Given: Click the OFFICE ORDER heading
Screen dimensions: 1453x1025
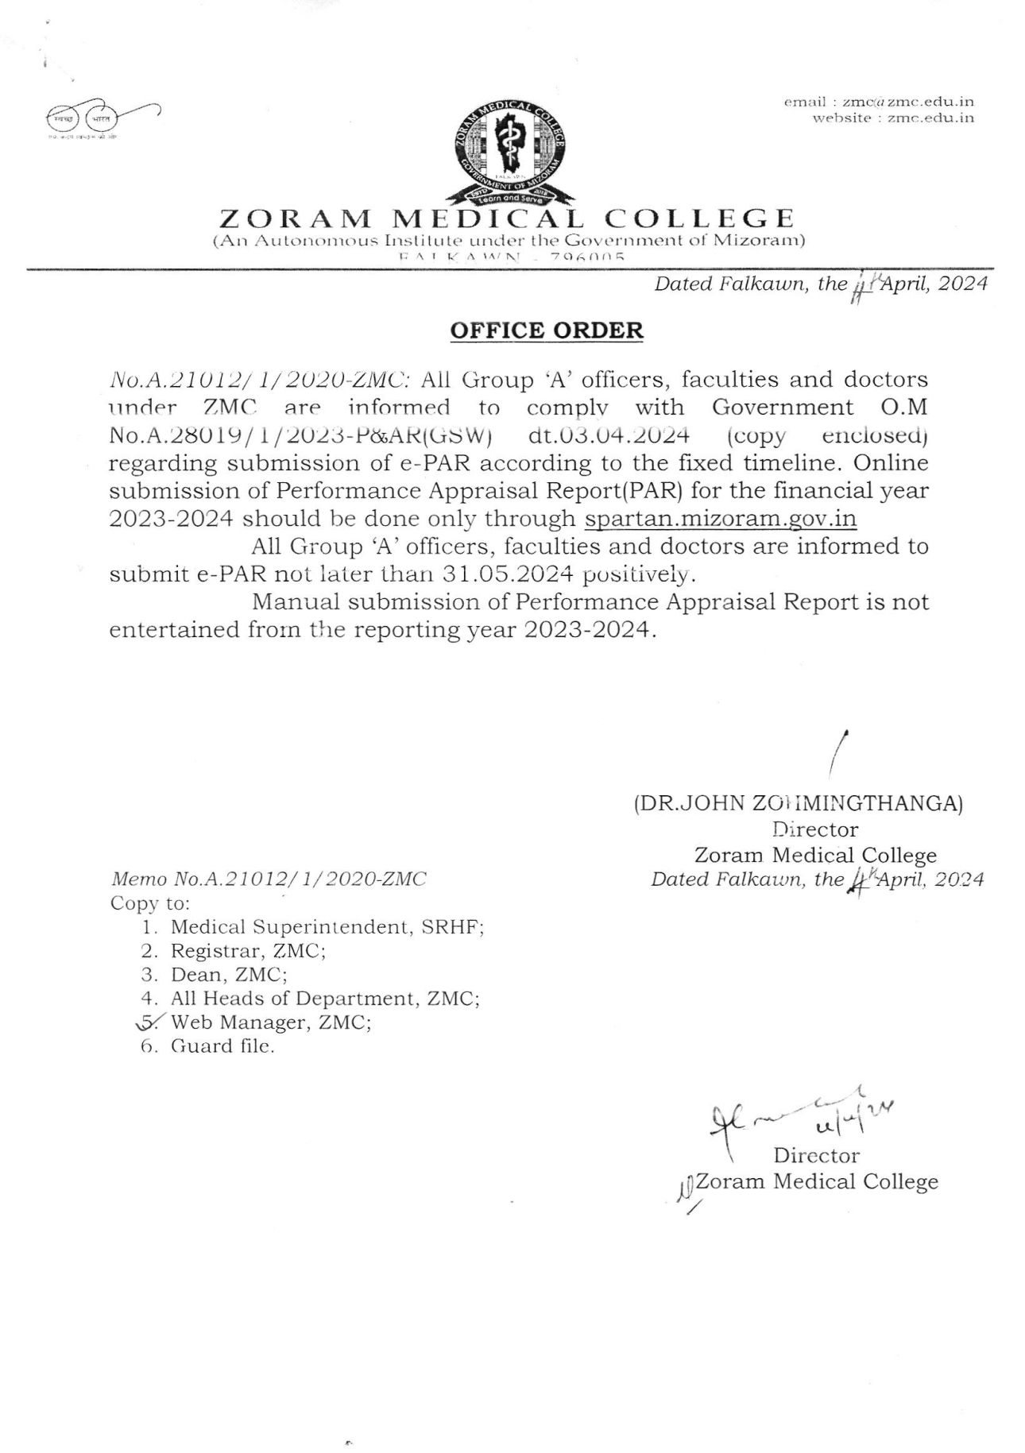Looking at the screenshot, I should [x=547, y=330].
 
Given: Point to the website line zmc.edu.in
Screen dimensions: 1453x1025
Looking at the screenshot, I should [x=893, y=118].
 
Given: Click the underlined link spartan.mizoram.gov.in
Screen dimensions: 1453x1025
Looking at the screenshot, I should [x=720, y=519].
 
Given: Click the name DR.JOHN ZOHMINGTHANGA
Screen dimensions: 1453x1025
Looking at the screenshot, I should [x=798, y=803].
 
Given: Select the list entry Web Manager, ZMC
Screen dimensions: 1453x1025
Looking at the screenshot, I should [x=271, y=1022].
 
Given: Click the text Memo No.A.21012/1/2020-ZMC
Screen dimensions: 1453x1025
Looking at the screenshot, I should [x=269, y=879].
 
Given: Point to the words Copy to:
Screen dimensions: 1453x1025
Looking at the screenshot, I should [x=150, y=903].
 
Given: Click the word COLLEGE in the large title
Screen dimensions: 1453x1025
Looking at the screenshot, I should [x=699, y=218].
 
